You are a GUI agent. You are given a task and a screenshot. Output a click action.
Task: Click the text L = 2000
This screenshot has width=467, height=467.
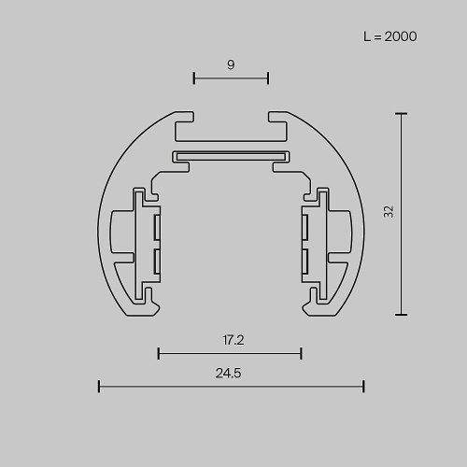(x=389, y=37)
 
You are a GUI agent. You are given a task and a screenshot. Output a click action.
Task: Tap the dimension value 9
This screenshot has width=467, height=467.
(x=230, y=64)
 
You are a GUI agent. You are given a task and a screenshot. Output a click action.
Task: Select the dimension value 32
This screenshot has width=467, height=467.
(x=388, y=213)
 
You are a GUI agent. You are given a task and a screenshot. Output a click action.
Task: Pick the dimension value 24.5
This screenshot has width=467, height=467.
(x=230, y=373)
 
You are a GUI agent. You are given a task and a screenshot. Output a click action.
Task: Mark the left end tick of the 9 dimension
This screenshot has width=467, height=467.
(x=193, y=78)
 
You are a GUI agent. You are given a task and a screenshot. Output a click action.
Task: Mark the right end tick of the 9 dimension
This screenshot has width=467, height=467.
(x=268, y=78)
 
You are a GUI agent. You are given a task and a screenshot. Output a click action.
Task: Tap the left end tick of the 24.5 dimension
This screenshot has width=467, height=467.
(x=99, y=386)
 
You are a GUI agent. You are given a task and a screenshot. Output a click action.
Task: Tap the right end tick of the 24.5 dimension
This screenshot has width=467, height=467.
(x=363, y=386)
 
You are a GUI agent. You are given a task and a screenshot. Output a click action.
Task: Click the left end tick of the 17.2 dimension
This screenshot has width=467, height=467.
(x=159, y=353)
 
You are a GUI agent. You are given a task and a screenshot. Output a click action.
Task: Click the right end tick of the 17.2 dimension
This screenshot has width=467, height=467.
(x=302, y=353)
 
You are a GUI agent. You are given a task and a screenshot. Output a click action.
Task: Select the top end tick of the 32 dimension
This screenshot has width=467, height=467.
(x=403, y=114)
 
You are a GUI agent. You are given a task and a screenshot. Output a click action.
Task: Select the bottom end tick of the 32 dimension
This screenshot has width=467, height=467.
(x=403, y=315)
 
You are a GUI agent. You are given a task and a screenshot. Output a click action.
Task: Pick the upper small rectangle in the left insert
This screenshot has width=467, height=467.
(x=158, y=227)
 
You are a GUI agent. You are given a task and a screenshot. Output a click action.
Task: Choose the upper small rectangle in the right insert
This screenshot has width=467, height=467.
(x=304, y=227)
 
